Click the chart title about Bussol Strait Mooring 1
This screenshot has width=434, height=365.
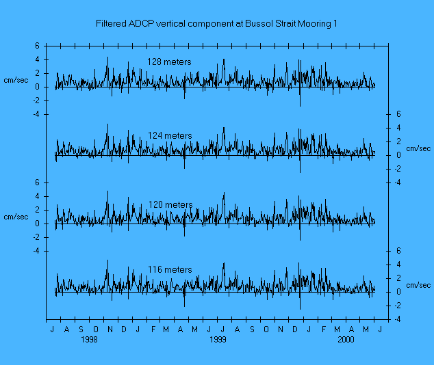[x=217, y=24]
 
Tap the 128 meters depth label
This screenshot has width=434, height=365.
[x=169, y=62]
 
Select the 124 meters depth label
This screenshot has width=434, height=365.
[x=169, y=136]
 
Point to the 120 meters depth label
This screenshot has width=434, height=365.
[x=170, y=205]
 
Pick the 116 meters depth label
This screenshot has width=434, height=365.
[x=170, y=270]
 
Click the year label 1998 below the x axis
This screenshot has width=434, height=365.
[x=90, y=339]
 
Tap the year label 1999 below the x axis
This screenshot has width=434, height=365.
[x=218, y=339]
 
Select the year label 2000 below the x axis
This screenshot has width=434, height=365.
[x=346, y=339]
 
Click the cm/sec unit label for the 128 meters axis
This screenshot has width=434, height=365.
[x=16, y=80]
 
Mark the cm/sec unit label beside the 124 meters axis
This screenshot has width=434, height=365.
[x=418, y=148]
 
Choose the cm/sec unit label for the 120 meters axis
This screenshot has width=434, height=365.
[x=16, y=217]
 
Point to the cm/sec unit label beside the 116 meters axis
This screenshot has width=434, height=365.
[x=418, y=285]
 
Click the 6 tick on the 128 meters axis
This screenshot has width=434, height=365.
[x=37, y=46]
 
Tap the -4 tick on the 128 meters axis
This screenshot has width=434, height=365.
[x=36, y=114]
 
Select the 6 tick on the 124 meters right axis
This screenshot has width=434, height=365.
[x=398, y=114]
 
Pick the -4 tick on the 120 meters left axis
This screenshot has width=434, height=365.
[x=36, y=251]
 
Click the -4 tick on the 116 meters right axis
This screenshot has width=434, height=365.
[x=397, y=319]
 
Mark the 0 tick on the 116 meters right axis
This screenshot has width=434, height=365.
[x=398, y=292]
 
